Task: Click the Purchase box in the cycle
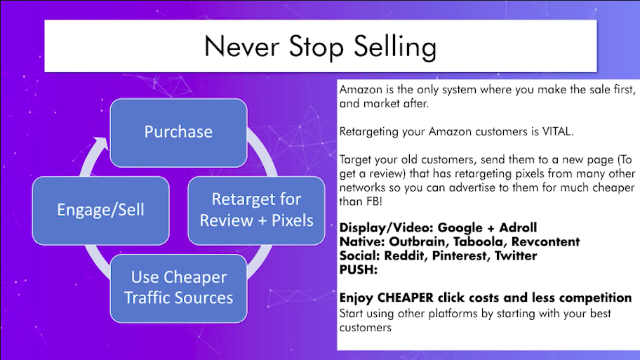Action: point(178,133)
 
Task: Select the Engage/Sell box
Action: point(100,211)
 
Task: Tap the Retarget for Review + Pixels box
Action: point(256,211)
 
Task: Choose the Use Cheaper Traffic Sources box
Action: point(178,288)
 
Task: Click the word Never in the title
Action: point(242,46)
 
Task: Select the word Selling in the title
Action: point(395,47)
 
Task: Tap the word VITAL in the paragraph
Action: point(558,131)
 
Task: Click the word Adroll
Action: point(518,227)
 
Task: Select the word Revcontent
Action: point(546,241)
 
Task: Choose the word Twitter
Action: point(516,255)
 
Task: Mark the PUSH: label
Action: point(359,269)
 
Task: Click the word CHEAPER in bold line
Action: point(406,298)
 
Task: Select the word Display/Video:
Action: point(386,228)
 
